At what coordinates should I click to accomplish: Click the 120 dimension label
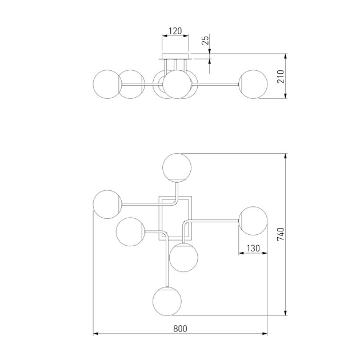(175, 31)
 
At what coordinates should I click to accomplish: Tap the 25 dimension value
(206, 39)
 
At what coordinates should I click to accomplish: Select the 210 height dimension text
(281, 77)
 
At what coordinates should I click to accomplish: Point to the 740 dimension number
(281, 234)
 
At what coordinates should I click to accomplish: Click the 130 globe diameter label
(253, 248)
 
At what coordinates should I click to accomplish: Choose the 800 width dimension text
(180, 329)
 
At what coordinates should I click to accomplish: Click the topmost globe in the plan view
(177, 167)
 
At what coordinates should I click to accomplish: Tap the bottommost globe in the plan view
(167, 301)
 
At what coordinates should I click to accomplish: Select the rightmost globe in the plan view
(253, 221)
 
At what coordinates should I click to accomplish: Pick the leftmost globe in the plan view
(107, 204)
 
